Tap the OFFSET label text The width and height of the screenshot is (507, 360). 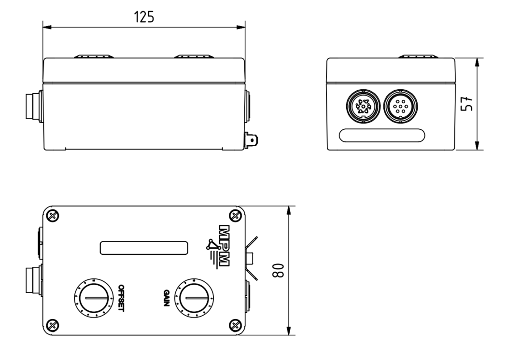120,297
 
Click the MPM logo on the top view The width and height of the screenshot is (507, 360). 219,246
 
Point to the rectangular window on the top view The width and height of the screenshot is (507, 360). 144,248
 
